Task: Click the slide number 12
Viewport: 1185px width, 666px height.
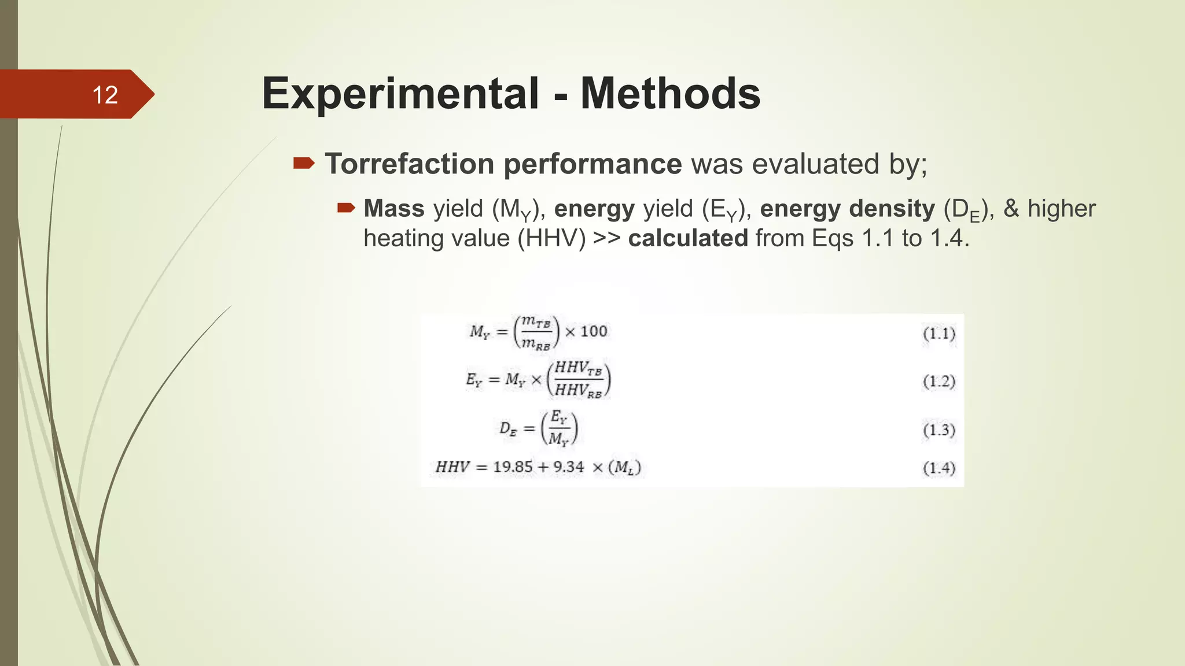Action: [105, 95]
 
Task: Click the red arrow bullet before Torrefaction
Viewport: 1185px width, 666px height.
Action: [303, 164]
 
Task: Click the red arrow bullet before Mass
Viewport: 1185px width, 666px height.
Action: [345, 208]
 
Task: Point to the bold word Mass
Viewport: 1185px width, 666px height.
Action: [394, 209]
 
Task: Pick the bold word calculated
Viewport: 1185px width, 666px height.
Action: [688, 238]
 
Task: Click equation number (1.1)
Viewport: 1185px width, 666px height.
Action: [939, 334]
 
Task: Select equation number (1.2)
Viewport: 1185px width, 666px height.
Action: [939, 382]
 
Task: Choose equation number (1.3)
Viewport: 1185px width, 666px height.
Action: [939, 430]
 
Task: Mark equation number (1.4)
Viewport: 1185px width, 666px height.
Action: [939, 468]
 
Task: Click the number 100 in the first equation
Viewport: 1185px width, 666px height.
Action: [594, 331]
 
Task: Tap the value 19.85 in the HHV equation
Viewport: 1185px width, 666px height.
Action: [513, 467]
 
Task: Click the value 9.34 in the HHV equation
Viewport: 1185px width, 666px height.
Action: [569, 467]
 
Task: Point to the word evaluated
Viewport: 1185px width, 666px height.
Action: [815, 164]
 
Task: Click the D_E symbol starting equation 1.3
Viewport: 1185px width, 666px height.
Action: [507, 430]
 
